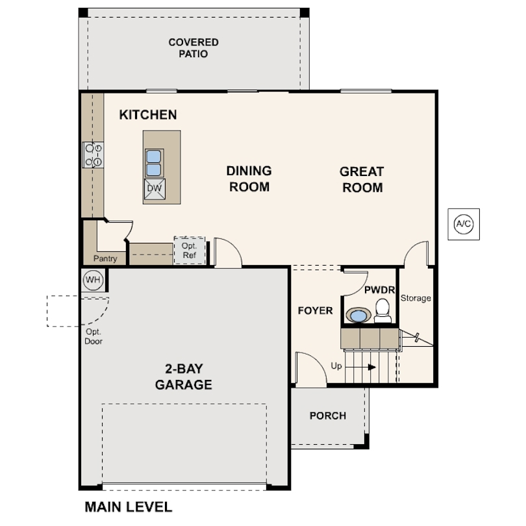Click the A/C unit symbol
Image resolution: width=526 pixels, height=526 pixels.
(x=464, y=224)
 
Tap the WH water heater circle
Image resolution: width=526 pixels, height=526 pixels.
(x=93, y=279)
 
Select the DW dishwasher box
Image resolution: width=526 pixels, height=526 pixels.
(x=155, y=189)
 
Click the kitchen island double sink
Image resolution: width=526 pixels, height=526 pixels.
(x=154, y=163)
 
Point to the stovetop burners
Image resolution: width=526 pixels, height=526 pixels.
(x=94, y=155)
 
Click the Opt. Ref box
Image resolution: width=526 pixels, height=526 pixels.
(x=189, y=250)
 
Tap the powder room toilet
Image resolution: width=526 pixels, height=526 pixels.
(x=382, y=310)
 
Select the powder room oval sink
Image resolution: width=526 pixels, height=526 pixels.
(x=358, y=316)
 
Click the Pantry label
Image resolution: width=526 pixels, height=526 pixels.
(x=105, y=258)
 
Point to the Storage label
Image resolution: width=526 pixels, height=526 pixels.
(x=416, y=298)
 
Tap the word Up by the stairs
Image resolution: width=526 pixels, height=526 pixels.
(x=336, y=366)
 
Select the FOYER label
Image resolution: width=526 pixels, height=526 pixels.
(x=316, y=310)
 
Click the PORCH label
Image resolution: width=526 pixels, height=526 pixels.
(x=328, y=416)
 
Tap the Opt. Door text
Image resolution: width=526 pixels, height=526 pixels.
(x=94, y=336)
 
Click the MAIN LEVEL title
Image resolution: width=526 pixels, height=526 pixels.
(x=129, y=507)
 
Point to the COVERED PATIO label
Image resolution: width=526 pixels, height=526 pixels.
(x=194, y=48)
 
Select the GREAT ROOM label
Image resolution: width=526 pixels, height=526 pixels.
(x=362, y=179)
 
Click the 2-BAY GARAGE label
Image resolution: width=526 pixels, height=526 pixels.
(x=184, y=377)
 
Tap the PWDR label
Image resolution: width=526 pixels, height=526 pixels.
(x=379, y=290)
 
